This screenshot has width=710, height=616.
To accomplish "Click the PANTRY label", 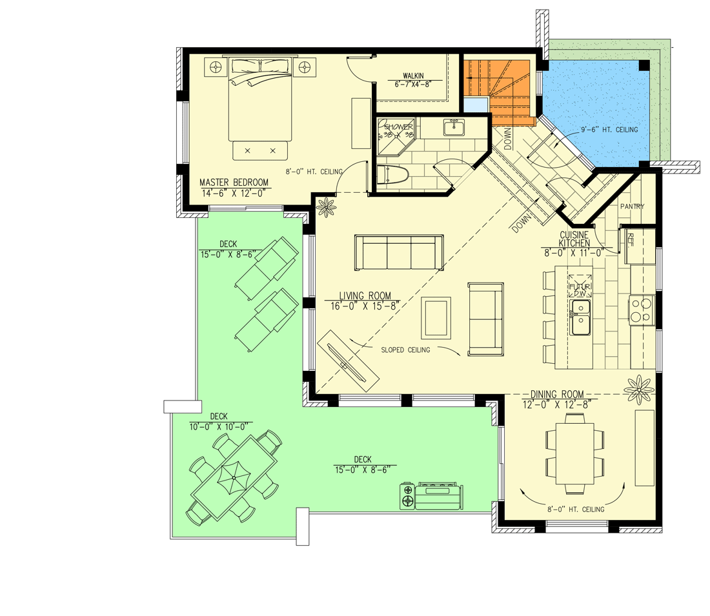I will pos(632,206).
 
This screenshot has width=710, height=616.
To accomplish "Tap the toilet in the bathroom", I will pos(394,175).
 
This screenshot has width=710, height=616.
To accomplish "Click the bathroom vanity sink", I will pos(454,128).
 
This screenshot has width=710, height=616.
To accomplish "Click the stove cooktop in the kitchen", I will pos(642,310).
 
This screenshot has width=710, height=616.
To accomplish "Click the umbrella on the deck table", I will pos(232,478).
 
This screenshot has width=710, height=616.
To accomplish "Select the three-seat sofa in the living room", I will pos(399,253).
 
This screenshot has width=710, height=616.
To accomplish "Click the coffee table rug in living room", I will pos(436,317).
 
